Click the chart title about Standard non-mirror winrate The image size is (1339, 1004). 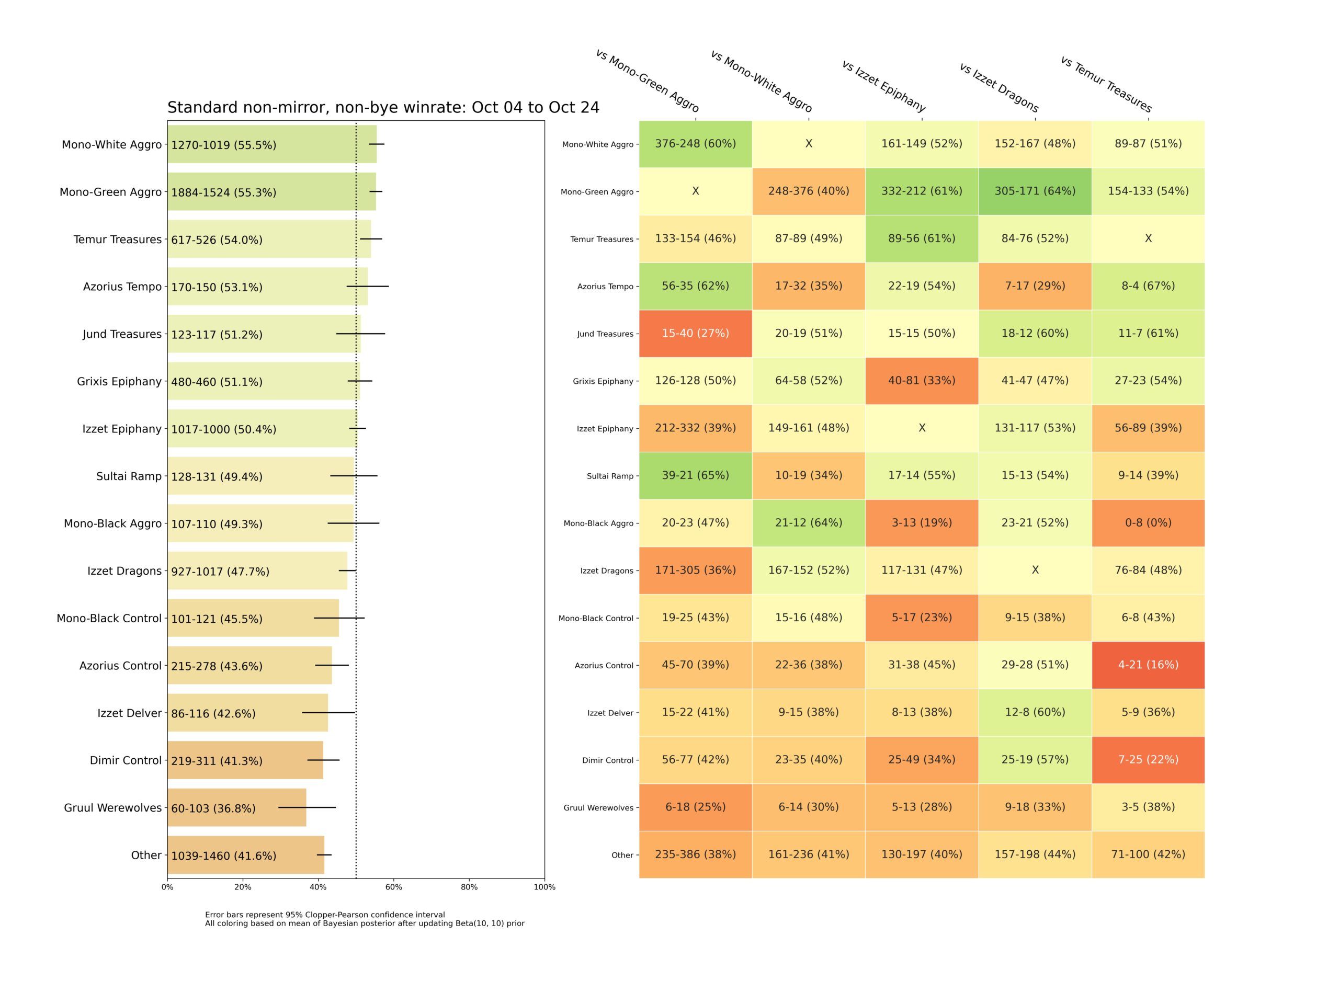pyautogui.click(x=383, y=108)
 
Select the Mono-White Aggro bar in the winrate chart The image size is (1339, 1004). pyautogui.click(x=272, y=144)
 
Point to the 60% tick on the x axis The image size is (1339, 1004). pyautogui.click(x=393, y=878)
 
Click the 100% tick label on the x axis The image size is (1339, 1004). pyautogui.click(x=544, y=887)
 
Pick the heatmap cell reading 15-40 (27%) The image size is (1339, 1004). pyautogui.click(x=695, y=334)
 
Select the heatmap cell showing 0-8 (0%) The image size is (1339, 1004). pyautogui.click(x=1148, y=523)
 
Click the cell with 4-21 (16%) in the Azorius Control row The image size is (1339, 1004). pyautogui.click(x=1148, y=665)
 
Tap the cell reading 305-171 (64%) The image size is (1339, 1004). pyautogui.click(x=1035, y=191)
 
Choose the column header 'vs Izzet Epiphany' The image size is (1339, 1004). pyautogui.click(x=884, y=86)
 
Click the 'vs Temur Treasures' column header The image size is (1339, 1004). pyautogui.click(x=1106, y=84)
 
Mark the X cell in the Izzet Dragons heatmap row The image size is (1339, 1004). pyautogui.click(x=1035, y=570)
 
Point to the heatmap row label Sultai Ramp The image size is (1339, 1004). pyautogui.click(x=609, y=476)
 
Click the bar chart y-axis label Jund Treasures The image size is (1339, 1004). pyautogui.click(x=122, y=334)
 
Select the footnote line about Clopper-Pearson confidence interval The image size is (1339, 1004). pyautogui.click(x=324, y=915)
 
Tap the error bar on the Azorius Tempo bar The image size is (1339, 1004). pyautogui.click(x=367, y=286)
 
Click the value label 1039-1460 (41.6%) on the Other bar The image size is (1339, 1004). pyautogui.click(x=223, y=855)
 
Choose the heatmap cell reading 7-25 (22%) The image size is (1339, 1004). pyautogui.click(x=1148, y=759)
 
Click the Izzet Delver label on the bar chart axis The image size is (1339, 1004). pyautogui.click(x=129, y=713)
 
